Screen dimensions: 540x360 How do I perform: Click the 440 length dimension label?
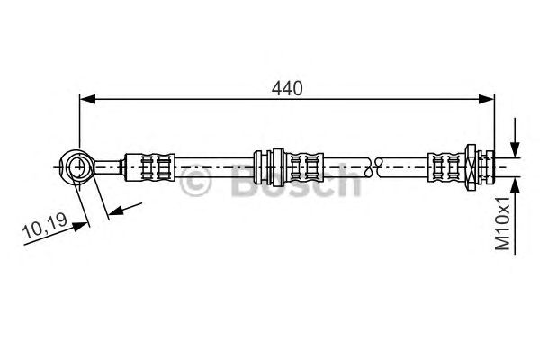(287, 88)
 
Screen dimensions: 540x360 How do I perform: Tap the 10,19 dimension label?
(45, 226)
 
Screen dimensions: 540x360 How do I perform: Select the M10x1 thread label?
(502, 224)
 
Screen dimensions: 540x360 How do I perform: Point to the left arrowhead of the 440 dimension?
(87, 99)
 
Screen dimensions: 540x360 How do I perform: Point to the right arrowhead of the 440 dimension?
(487, 99)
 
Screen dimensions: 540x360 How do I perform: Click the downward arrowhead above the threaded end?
(515, 150)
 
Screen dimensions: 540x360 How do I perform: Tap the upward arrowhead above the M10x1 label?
(515, 185)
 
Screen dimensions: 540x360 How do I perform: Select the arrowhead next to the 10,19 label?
(80, 226)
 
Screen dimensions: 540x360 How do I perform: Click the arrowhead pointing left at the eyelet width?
(115, 210)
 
